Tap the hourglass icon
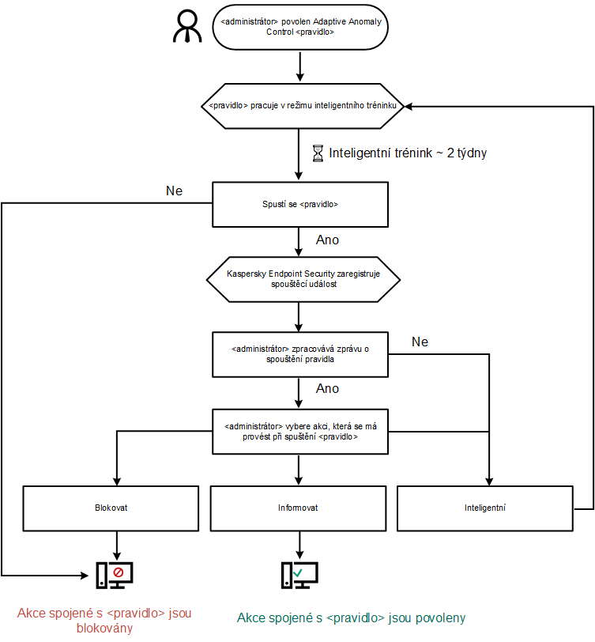click(318, 153)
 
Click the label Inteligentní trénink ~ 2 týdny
click(407, 153)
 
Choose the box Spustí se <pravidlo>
click(299, 205)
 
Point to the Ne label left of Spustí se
click(175, 191)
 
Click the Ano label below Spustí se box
click(327, 240)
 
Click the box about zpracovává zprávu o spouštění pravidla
click(299, 353)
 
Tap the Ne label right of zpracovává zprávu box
click(420, 342)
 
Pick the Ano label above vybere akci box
click(327, 388)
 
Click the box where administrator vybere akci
click(299, 432)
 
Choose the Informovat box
click(299, 508)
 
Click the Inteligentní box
click(484, 508)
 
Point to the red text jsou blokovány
click(105, 621)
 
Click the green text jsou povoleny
click(352, 617)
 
